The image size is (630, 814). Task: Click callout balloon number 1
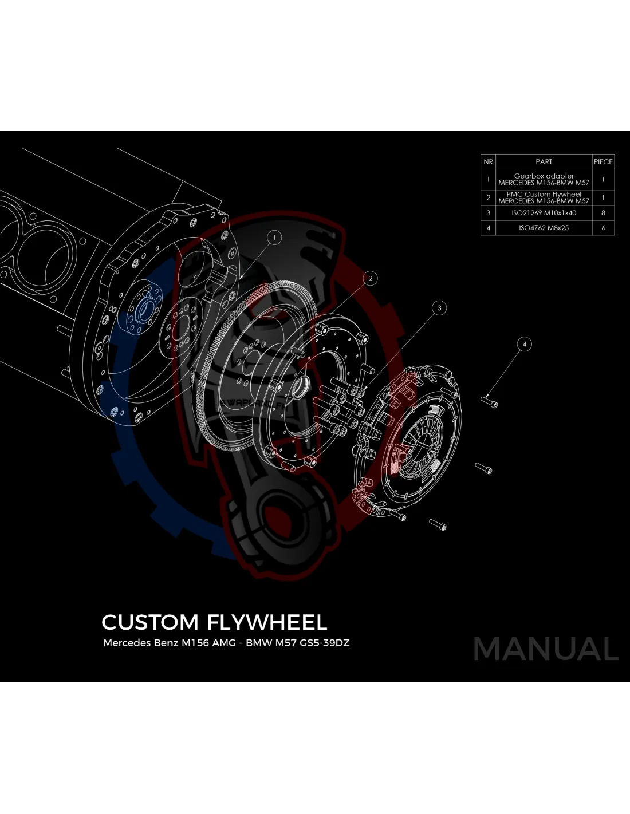[x=274, y=237]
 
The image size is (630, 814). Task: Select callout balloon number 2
[x=371, y=279]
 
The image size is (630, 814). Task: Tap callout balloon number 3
[x=439, y=308]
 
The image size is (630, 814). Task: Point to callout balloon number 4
[x=524, y=344]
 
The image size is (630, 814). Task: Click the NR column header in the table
[x=488, y=162]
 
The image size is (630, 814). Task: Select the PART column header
[x=544, y=162]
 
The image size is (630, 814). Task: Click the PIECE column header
[x=603, y=162]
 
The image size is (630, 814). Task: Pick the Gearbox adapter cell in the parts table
[x=544, y=180]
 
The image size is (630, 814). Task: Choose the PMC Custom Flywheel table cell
[x=544, y=197]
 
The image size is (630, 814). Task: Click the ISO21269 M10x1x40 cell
[x=544, y=213]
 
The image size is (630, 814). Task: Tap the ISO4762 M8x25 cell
[x=544, y=228]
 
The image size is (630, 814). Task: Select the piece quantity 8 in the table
[x=603, y=213]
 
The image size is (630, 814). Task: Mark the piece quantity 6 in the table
[x=603, y=228]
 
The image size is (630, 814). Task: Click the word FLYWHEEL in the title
[x=267, y=622]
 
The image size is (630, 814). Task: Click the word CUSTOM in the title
[x=150, y=622]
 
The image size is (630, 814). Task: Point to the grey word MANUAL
[x=546, y=649]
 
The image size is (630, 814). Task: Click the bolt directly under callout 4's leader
[x=491, y=402]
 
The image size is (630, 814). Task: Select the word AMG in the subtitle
[x=224, y=643]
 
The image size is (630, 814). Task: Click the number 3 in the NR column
[x=488, y=213]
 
